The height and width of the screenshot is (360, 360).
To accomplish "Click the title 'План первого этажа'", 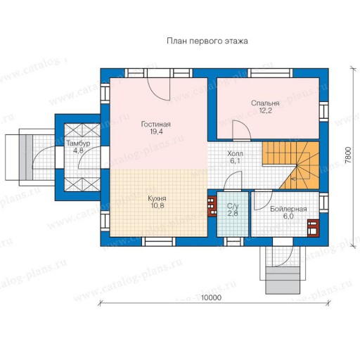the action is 207,41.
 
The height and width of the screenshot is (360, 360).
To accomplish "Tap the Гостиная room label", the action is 155,124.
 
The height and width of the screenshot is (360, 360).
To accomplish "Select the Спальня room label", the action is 265,103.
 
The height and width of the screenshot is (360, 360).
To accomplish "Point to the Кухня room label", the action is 157,198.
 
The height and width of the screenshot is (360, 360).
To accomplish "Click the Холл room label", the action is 235,154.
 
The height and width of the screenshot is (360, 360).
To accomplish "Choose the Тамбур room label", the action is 78,143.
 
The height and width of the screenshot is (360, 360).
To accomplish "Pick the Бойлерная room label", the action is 288,209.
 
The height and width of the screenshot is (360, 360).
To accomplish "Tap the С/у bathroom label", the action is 233,206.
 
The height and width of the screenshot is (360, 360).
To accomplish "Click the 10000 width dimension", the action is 211,297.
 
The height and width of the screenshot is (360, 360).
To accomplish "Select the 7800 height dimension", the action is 349,155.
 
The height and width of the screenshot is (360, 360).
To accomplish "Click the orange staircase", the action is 290,165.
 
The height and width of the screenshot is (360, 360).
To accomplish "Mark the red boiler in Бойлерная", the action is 313,228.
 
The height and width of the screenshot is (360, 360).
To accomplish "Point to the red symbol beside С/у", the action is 212,206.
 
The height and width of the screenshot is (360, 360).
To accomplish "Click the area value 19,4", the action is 156,131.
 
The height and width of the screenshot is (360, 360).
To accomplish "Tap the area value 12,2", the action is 266,110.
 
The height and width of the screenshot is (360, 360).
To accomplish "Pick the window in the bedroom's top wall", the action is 270,73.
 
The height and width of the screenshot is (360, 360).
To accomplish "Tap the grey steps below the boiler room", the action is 283,280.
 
